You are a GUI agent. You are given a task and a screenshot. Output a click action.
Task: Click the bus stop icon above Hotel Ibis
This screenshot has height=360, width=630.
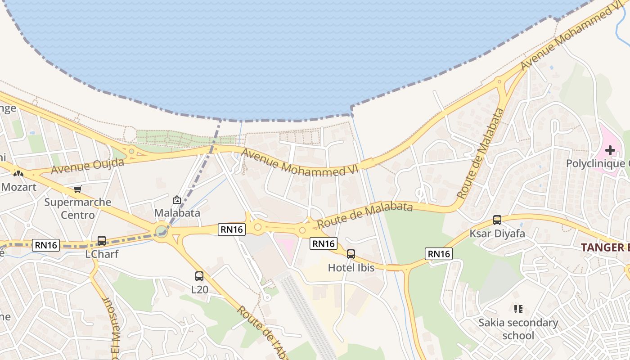[x=351, y=254]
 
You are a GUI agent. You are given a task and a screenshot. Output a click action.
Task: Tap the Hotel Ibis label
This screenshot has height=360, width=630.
[x=351, y=268]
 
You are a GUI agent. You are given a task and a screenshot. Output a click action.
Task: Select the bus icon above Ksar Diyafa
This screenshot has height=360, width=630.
[x=497, y=220]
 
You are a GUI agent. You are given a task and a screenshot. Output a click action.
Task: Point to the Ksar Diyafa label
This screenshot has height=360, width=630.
[x=497, y=234]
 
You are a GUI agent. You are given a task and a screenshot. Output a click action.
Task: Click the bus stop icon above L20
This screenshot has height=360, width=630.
[x=199, y=276]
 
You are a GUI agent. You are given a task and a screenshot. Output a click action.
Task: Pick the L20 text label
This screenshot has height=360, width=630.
[x=200, y=289]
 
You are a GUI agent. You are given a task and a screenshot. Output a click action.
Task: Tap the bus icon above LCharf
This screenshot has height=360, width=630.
[x=102, y=241]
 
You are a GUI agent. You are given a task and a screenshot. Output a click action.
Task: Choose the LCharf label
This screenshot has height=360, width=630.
[x=102, y=254]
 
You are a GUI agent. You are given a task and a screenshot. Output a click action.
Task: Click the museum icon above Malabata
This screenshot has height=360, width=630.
[x=177, y=200]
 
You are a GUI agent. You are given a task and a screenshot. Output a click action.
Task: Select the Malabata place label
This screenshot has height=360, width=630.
[x=177, y=212]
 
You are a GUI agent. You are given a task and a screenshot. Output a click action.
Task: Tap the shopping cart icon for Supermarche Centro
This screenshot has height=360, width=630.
[x=78, y=189]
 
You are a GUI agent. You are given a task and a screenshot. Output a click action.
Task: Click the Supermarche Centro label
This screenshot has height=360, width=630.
[x=78, y=208]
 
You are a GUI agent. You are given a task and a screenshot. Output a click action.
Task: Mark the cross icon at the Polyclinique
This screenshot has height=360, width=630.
[x=610, y=150]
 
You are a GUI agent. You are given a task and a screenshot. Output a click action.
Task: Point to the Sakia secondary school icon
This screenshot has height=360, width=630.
[x=518, y=309]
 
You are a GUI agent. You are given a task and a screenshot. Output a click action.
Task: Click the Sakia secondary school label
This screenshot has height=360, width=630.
[x=518, y=329]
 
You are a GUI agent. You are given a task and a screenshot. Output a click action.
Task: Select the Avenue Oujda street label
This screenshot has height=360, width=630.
[x=87, y=166]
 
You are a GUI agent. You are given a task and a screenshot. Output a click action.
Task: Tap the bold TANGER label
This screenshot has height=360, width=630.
[x=605, y=247]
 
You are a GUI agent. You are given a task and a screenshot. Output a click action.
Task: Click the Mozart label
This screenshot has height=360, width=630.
[x=18, y=187]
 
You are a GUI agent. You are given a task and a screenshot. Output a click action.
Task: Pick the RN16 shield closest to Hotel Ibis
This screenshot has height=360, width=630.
[x=324, y=243]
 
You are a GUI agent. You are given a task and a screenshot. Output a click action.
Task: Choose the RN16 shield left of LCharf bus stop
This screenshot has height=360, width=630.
[x=46, y=245]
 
